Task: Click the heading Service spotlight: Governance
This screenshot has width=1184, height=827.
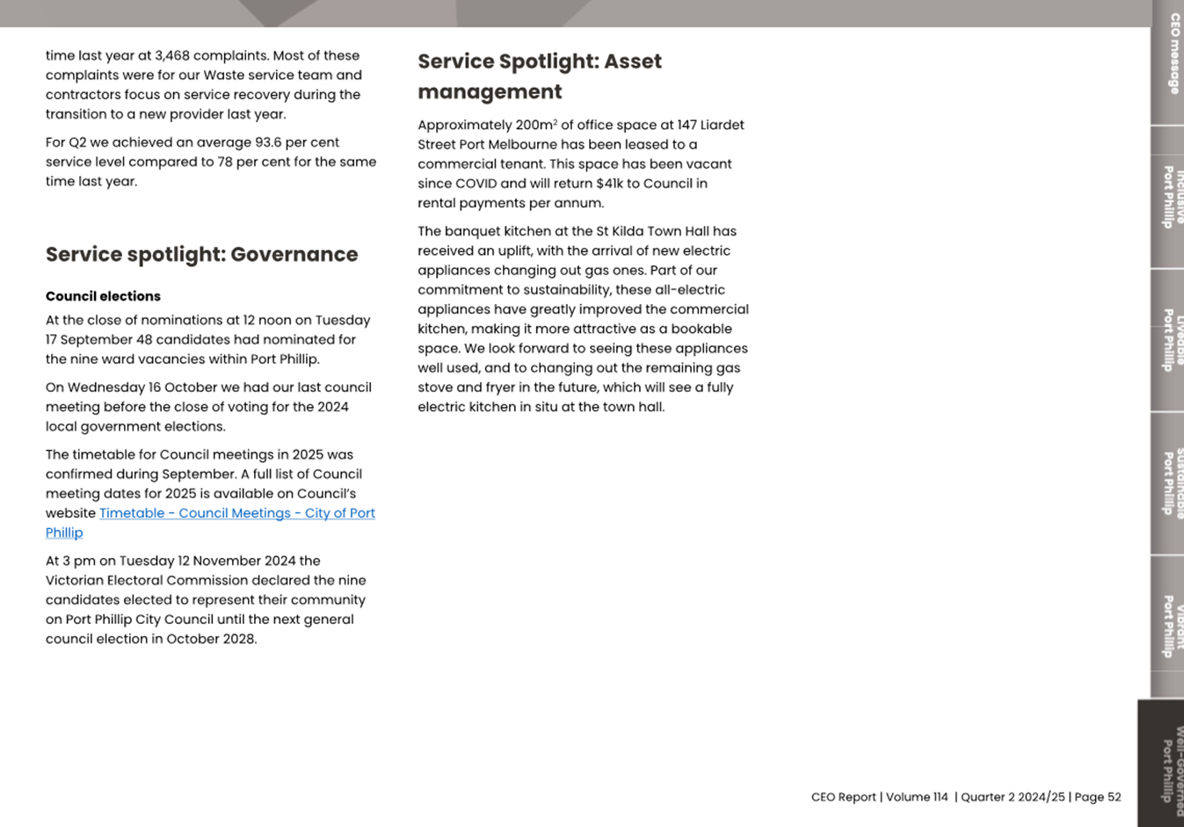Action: click(x=201, y=255)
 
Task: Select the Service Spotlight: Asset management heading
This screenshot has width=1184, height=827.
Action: click(x=539, y=76)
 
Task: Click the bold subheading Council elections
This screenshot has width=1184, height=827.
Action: click(x=103, y=296)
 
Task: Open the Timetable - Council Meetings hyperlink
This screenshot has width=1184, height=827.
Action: click(x=236, y=513)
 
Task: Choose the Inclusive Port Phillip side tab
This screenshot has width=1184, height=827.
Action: click(x=1169, y=198)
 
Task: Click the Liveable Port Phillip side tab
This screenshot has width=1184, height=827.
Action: click(x=1169, y=340)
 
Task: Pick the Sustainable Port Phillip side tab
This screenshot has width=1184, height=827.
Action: click(x=1169, y=483)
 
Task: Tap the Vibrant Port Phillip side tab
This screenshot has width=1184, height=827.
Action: click(x=1169, y=625)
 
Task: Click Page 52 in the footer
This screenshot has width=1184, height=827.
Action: click(x=1098, y=797)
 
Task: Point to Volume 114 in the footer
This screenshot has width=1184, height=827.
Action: click(x=917, y=797)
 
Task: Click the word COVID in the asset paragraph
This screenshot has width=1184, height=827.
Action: click(x=476, y=184)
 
